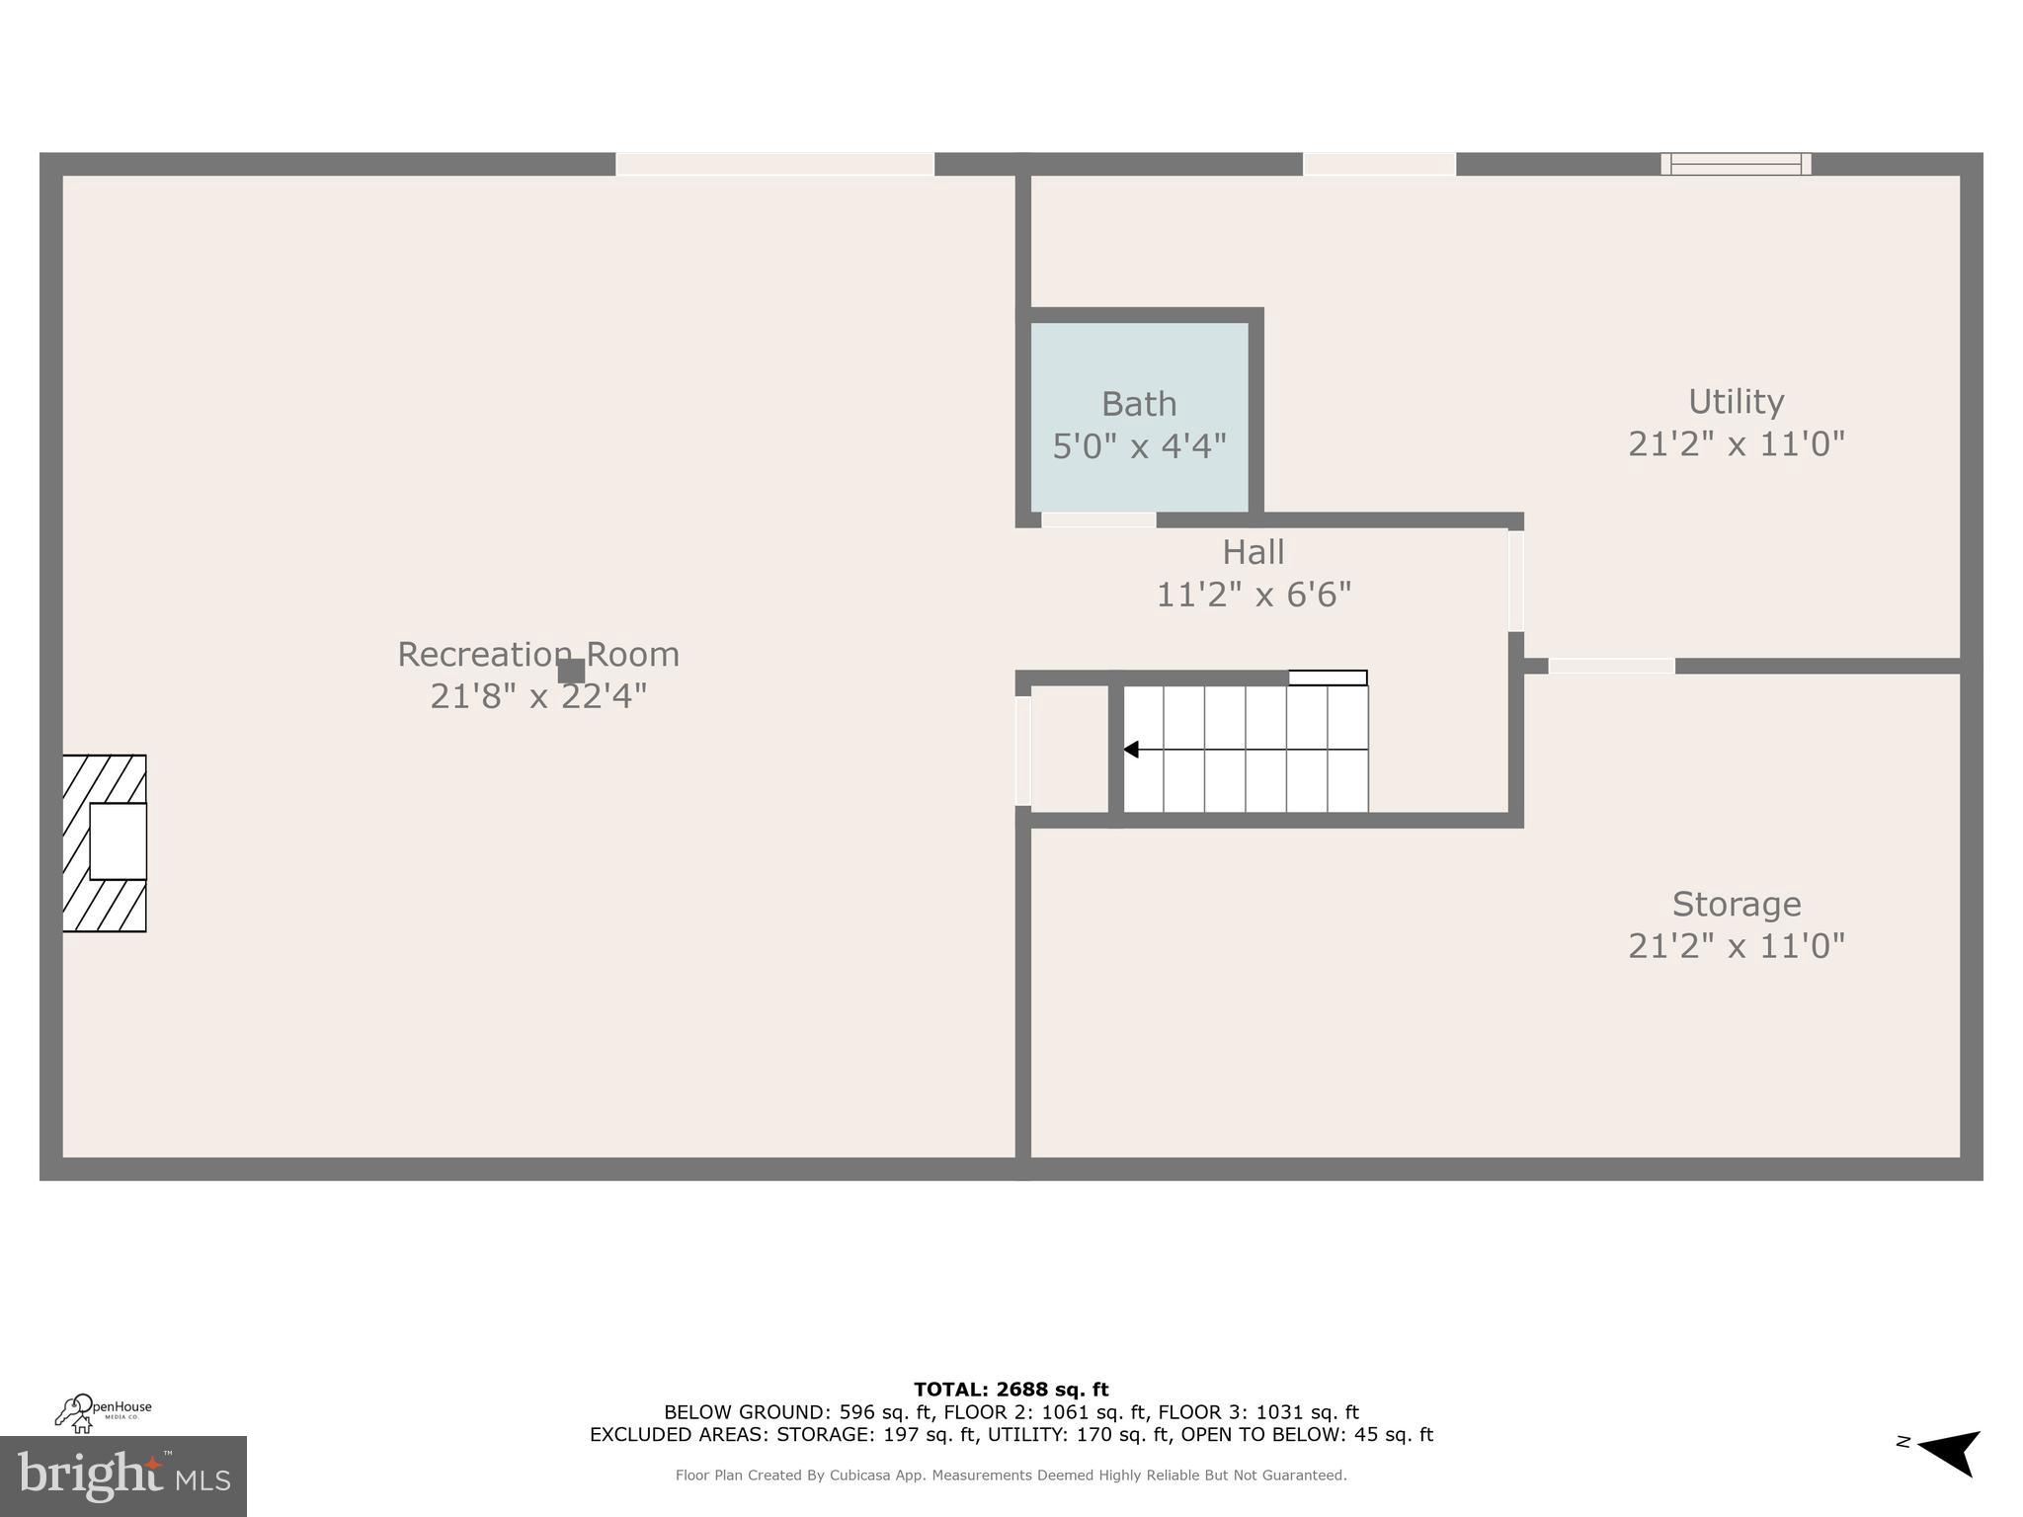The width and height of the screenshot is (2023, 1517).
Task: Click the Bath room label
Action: click(x=1139, y=404)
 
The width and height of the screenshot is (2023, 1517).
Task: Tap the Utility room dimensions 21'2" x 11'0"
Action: click(x=1736, y=444)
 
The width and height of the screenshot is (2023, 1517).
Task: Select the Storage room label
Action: click(x=1736, y=904)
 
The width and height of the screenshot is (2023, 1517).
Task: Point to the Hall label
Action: click(x=1253, y=552)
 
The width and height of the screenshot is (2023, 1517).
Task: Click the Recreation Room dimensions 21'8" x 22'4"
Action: click(x=538, y=696)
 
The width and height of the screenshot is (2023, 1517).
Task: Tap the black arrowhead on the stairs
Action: click(x=1131, y=750)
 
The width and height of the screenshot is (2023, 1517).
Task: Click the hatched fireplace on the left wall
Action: click(x=105, y=842)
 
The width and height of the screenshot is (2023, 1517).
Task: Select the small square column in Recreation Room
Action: click(x=571, y=672)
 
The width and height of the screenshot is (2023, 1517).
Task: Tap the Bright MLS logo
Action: click(x=122, y=1477)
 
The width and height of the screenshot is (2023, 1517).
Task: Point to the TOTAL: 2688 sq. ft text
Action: click(x=1011, y=1390)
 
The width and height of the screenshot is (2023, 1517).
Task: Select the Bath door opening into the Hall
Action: click(x=1098, y=519)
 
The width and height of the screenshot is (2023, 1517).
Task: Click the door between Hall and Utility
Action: click(x=1515, y=581)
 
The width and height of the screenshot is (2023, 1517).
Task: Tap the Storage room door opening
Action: click(x=1611, y=666)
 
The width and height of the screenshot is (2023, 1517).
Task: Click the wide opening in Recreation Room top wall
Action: click(x=774, y=164)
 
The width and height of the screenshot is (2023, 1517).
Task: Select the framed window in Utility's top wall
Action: click(x=1736, y=164)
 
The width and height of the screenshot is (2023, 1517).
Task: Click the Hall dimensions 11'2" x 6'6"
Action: click(x=1253, y=595)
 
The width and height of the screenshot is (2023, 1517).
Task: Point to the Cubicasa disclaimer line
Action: click(x=1011, y=1476)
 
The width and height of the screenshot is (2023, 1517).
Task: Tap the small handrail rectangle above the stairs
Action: click(x=1328, y=678)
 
